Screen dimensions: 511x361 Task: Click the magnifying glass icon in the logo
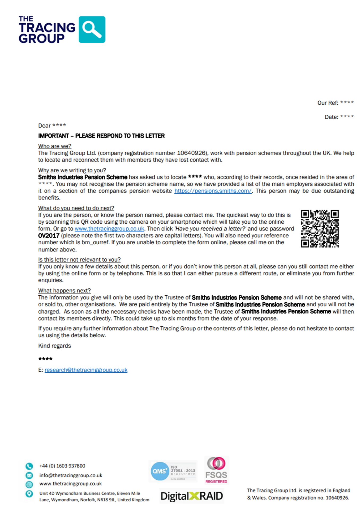92,29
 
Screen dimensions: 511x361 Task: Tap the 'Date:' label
331,117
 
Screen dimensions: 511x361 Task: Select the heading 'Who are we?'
55,146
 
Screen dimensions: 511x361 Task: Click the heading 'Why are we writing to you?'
72,170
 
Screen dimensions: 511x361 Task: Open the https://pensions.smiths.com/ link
213,191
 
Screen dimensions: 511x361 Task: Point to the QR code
320,229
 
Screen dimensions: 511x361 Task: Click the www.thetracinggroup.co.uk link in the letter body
109,229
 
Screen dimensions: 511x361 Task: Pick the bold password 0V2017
49,236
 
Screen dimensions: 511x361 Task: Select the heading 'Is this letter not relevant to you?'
79,259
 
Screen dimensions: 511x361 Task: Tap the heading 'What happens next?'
64,291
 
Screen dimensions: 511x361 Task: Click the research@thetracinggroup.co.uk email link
86,370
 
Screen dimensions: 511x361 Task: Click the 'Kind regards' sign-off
54,346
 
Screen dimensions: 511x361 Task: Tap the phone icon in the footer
29,466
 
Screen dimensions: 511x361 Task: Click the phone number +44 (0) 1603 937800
62,466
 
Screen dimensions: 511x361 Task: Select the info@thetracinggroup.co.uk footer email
71,475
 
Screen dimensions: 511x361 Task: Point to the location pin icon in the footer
29,494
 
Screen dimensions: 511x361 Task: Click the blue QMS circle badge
160,471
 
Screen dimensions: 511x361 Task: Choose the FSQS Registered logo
216,470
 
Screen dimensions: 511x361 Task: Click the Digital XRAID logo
192,496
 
